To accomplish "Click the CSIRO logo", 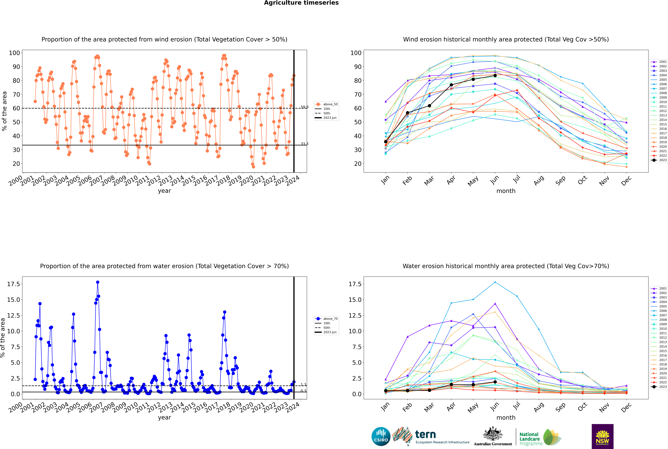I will tap(381, 436).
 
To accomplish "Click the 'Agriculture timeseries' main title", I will tap(301, 3).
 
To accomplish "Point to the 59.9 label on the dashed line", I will tap(304, 107).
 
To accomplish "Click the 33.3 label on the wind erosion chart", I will tap(304, 144).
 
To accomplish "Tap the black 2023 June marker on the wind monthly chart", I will tap(495, 76).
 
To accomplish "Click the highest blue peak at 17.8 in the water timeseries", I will tap(98, 282).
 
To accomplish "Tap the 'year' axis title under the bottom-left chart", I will tap(164, 418).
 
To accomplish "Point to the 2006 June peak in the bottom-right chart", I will tap(495, 282).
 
